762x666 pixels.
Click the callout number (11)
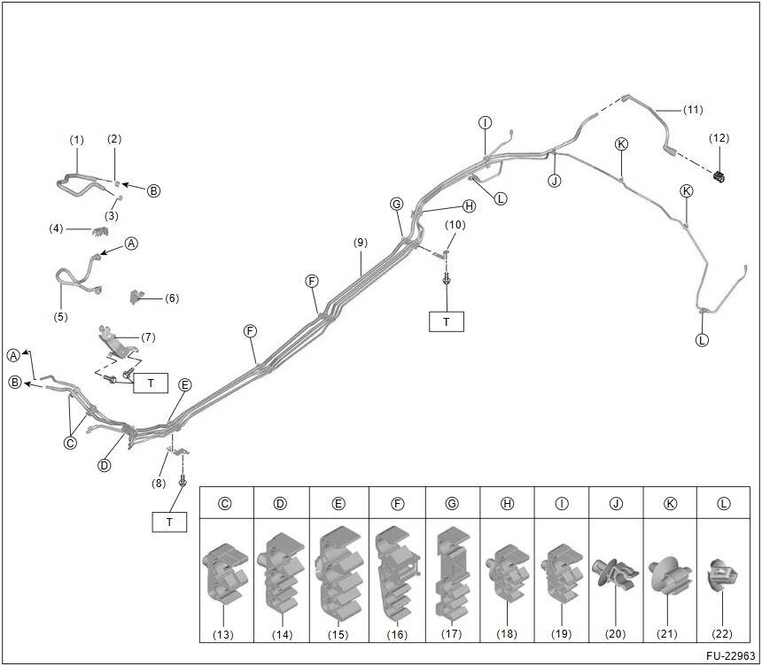point(692,110)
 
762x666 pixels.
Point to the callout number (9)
point(359,242)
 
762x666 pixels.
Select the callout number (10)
point(455,225)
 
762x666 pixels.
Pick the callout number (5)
point(60,316)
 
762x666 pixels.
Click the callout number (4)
point(57,229)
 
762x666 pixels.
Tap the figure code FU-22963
point(726,656)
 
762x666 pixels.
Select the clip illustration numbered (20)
point(613,577)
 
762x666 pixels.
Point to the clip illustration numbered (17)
point(452,573)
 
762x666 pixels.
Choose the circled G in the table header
point(452,503)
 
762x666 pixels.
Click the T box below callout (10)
point(446,321)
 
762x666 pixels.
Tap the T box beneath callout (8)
point(169,522)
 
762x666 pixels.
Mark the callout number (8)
point(158,483)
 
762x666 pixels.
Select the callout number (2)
point(114,139)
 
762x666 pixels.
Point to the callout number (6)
point(172,298)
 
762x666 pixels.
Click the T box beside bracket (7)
point(151,383)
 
